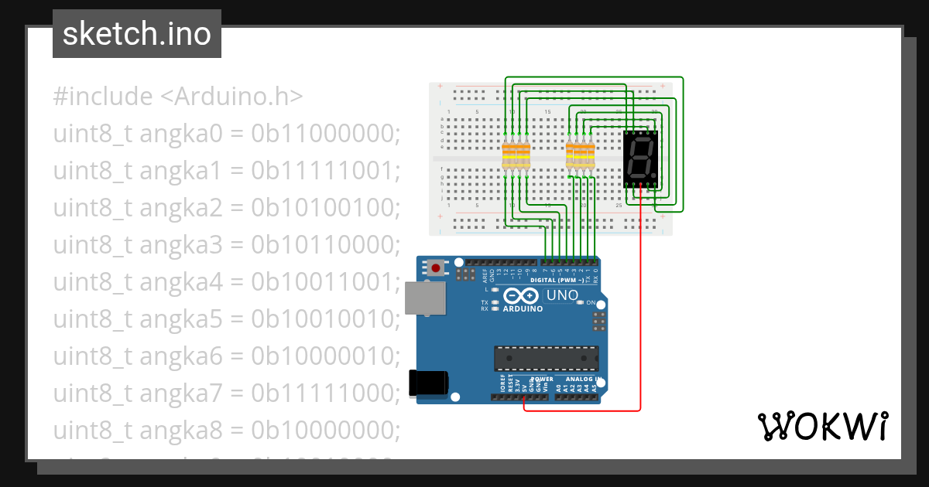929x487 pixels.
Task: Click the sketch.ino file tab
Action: click(x=137, y=34)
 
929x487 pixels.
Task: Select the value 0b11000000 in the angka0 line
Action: click(x=325, y=134)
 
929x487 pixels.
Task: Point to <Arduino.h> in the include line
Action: click(x=231, y=97)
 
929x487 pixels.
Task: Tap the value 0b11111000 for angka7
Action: click(x=325, y=393)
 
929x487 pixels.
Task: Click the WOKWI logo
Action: click(x=822, y=426)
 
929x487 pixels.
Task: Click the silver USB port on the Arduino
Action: click(x=425, y=298)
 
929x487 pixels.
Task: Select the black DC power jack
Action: click(x=427, y=383)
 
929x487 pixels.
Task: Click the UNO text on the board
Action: click(x=562, y=295)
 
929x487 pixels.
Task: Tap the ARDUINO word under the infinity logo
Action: click(x=522, y=308)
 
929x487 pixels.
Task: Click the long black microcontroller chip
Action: click(x=547, y=358)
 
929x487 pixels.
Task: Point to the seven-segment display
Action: click(x=642, y=158)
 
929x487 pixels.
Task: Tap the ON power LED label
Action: click(x=591, y=302)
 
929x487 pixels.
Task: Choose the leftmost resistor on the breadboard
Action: click(x=507, y=156)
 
